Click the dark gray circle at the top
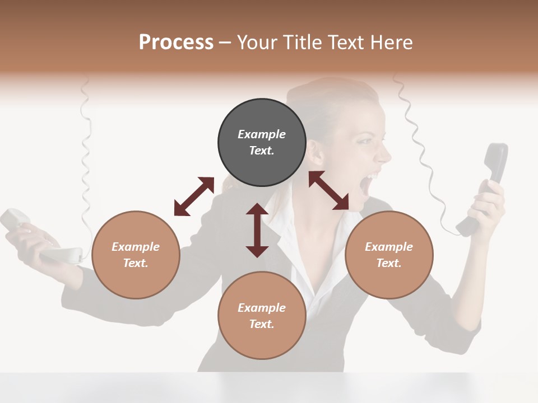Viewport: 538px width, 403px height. tap(262, 143)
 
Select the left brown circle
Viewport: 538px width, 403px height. tap(136, 255)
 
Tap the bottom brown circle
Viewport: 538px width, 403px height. tap(262, 316)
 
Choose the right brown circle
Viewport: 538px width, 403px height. tap(389, 255)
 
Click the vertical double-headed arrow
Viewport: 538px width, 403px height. tap(257, 231)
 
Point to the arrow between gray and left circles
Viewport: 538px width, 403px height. tap(194, 196)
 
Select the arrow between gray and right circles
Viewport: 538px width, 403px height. tap(329, 191)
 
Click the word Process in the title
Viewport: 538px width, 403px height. tap(176, 42)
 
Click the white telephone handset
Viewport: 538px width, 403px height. tap(39, 238)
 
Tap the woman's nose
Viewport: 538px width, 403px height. tap(386, 153)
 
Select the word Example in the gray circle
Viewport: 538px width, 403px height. tap(262, 134)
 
